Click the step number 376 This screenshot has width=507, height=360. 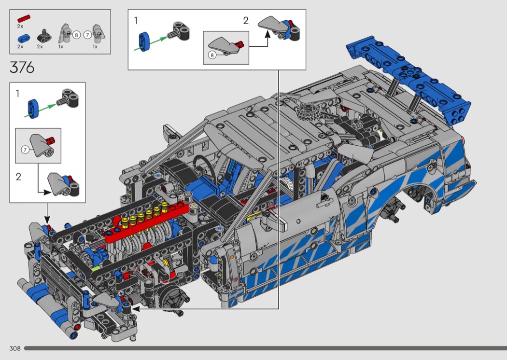click(x=22, y=68)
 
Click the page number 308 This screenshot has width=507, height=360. click(x=15, y=348)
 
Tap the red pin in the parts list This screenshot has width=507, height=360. click(x=24, y=18)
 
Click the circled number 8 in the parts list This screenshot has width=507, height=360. click(x=76, y=35)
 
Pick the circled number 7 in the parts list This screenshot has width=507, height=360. click(x=87, y=35)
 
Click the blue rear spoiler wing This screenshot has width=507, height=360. click(x=408, y=80)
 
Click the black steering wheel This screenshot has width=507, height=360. click(x=203, y=163)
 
